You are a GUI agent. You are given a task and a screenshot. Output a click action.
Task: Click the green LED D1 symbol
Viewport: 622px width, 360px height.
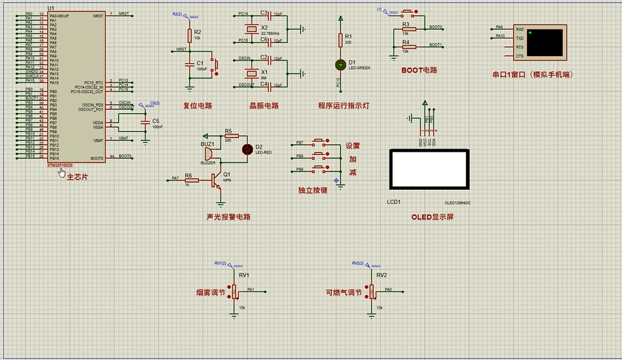point(340,64)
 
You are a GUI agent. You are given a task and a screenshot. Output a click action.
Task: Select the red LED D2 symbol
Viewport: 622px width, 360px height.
point(247,149)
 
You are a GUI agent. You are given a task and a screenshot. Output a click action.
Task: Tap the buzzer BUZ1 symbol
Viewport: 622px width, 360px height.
point(208,154)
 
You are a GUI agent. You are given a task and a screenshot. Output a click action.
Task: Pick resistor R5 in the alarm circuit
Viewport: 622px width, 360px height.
point(228,136)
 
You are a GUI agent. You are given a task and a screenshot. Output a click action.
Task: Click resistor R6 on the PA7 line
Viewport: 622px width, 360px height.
point(191,180)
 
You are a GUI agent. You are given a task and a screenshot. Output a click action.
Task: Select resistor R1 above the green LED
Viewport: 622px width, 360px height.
point(340,40)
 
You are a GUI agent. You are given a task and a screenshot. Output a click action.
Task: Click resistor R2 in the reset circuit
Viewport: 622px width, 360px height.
point(189,35)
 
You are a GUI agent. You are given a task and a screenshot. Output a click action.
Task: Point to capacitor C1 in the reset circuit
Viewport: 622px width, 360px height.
point(189,64)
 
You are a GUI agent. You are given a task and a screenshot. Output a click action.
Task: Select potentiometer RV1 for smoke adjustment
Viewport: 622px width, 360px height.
point(235,291)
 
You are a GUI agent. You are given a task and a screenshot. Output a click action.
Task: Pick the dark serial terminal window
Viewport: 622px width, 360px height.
point(546,42)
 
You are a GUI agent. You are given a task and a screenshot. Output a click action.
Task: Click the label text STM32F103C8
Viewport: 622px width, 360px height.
point(64,165)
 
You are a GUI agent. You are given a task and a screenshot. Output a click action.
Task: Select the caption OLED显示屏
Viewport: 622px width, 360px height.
point(432,217)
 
